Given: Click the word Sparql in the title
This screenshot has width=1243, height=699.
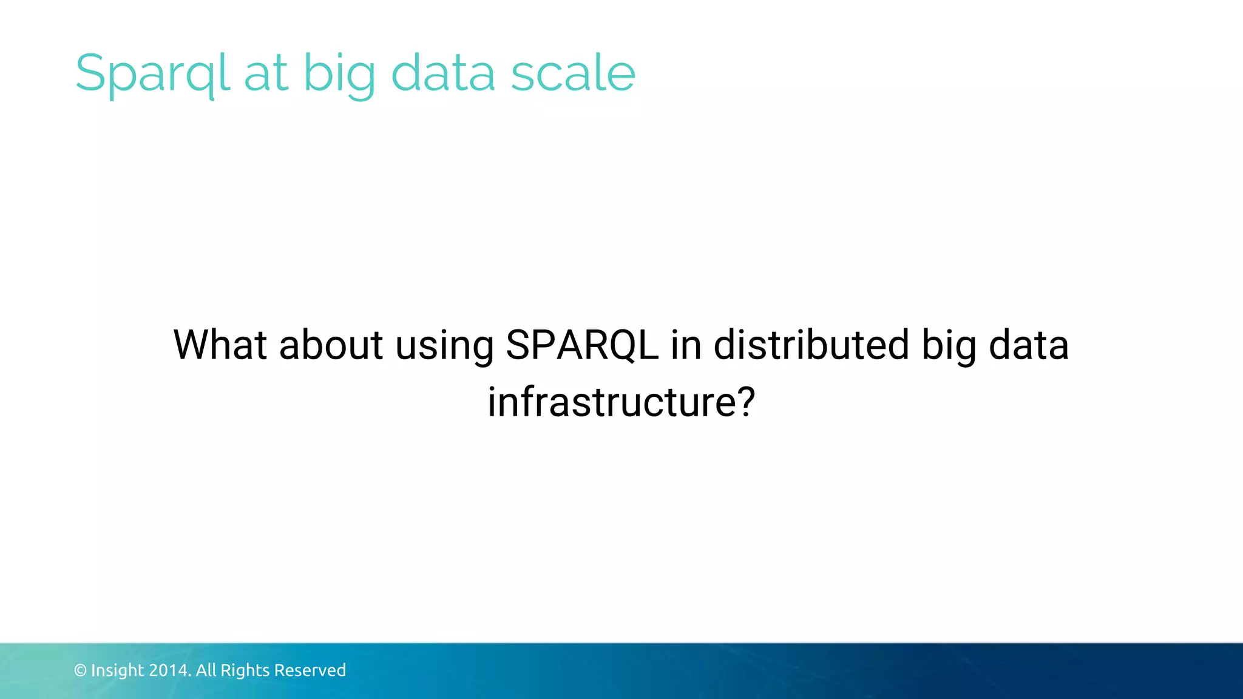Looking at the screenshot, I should (x=152, y=73).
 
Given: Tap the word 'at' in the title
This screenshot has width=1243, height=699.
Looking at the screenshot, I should (x=265, y=73).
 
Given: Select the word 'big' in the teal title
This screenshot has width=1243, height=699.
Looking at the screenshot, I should (x=339, y=73).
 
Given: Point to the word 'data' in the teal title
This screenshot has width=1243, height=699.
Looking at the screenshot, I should (x=443, y=73).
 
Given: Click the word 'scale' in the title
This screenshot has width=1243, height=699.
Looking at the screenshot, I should (x=573, y=73).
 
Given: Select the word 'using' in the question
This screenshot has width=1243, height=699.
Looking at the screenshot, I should (x=444, y=346).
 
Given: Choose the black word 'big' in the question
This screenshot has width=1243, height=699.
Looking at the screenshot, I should (x=948, y=346).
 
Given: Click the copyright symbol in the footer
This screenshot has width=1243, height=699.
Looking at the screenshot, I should (x=80, y=670).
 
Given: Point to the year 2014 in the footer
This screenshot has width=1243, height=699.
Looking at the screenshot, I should (x=170, y=670).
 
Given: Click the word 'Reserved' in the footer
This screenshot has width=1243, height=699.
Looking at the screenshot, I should (x=310, y=670).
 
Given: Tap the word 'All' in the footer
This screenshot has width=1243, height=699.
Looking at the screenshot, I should (x=206, y=670).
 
